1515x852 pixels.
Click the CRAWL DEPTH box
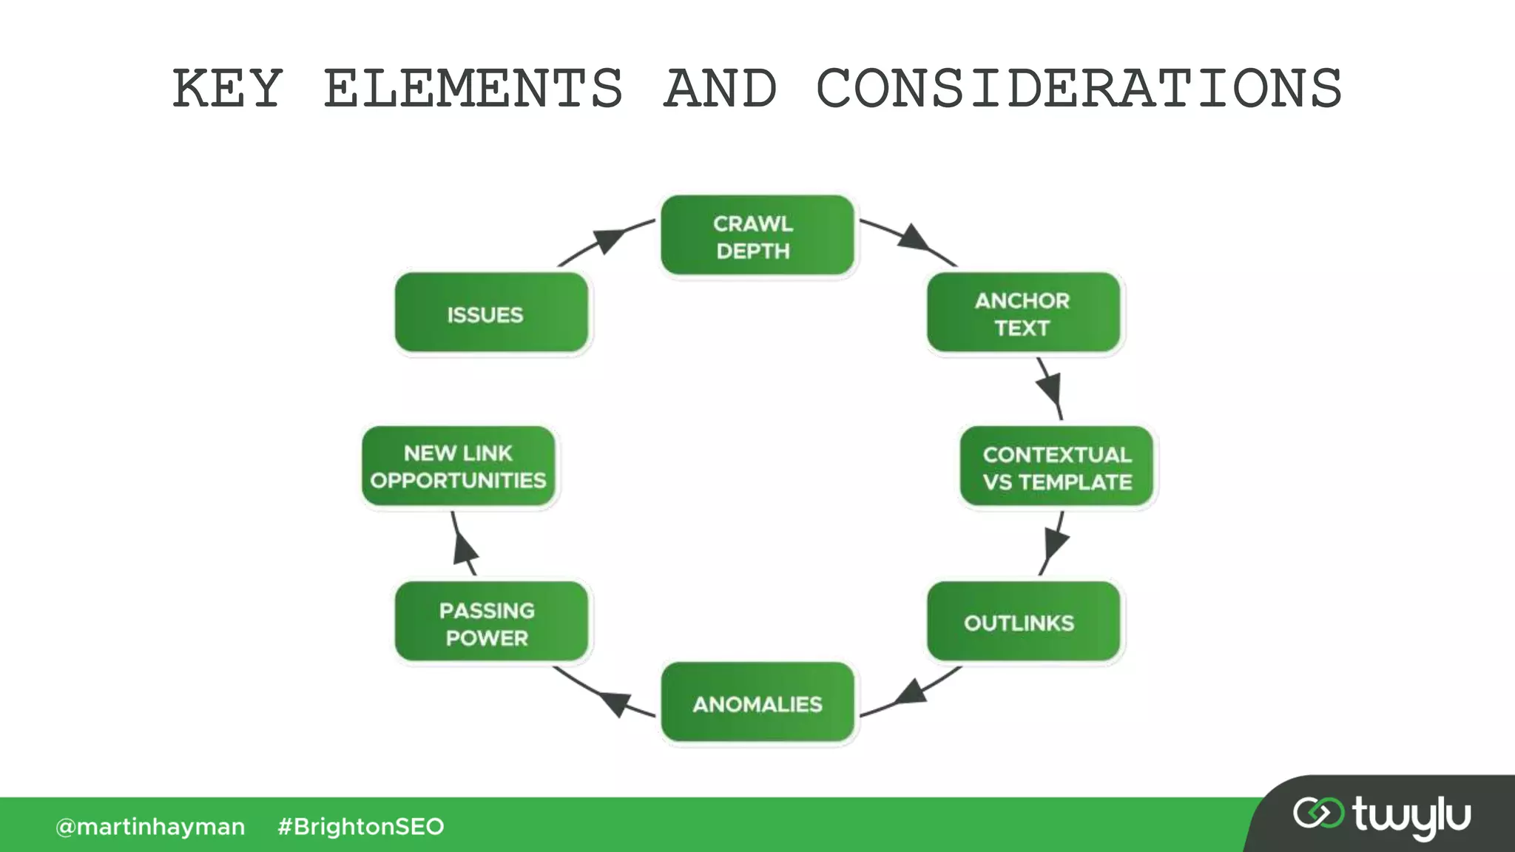pyautogui.click(x=757, y=236)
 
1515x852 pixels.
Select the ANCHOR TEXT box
pyautogui.click(x=1023, y=313)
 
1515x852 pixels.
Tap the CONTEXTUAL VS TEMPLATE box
pyautogui.click(x=1056, y=467)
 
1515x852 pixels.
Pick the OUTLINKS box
pyautogui.click(x=1023, y=622)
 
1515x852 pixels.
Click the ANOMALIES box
pyautogui.click(x=757, y=703)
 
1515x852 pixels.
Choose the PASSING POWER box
pyautogui.click(x=490, y=622)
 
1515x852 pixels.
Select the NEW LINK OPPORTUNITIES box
pyautogui.click(x=459, y=467)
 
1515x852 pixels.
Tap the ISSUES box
pyautogui.click(x=490, y=313)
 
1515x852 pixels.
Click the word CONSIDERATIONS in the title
pyautogui.click(x=1079, y=89)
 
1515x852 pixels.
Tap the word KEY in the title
pyautogui.click(x=227, y=89)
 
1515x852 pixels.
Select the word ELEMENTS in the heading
pyautogui.click(x=473, y=89)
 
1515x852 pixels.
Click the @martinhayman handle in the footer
pyautogui.click(x=150, y=826)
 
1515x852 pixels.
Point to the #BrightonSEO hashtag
pyautogui.click(x=360, y=826)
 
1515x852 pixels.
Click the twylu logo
pyautogui.click(x=1381, y=816)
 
